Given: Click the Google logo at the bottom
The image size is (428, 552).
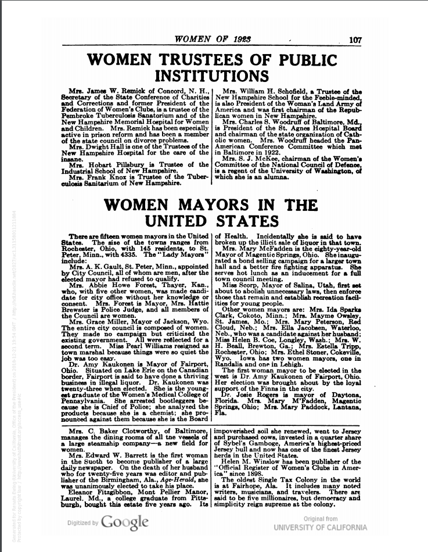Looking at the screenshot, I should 123,522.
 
